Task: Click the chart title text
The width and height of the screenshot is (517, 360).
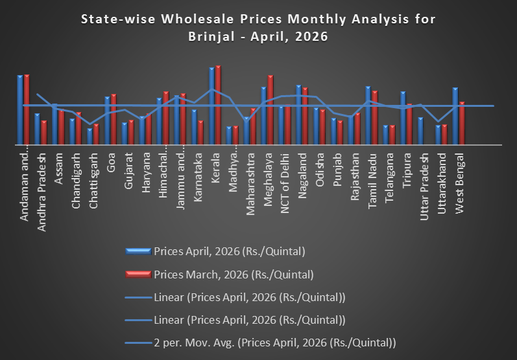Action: pos(258,28)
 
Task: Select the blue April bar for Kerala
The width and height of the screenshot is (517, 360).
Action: pos(211,107)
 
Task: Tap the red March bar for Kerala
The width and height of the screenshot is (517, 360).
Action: pos(218,106)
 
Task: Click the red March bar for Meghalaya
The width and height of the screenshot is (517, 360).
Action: pos(271,111)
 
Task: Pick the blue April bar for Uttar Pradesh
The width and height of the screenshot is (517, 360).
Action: pos(420,132)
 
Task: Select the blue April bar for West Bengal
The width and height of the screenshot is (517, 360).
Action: pos(455,117)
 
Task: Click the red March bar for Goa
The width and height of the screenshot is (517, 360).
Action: pos(114,120)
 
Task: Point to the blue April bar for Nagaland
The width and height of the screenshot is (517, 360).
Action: pos(298,115)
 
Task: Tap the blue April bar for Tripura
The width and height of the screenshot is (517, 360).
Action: pos(403,119)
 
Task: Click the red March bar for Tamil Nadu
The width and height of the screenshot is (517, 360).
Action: pos(374,118)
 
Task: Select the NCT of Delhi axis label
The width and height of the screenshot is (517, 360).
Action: pos(283,177)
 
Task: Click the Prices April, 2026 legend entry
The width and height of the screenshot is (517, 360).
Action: pos(229,251)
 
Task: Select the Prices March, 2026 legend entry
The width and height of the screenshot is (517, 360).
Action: pos(233,274)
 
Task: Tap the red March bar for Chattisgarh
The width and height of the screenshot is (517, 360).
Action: pos(96,135)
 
